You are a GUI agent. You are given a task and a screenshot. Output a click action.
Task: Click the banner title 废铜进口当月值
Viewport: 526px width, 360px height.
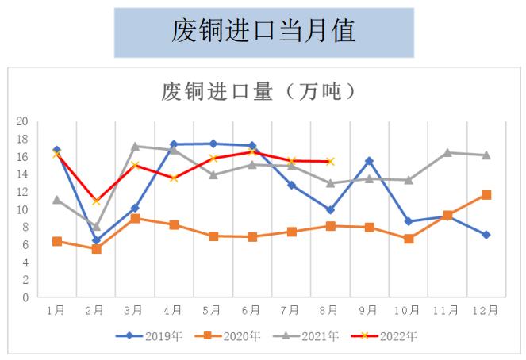263,31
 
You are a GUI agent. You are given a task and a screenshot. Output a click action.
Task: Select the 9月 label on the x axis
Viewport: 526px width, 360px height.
369,310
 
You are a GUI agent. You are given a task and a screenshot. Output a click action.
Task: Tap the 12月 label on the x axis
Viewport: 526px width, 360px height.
486,310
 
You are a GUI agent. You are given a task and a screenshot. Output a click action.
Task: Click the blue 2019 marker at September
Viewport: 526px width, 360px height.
369,161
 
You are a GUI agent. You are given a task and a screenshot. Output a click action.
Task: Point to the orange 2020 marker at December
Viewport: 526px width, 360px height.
486,194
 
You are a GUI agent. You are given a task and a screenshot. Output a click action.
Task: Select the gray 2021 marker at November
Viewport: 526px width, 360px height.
447,152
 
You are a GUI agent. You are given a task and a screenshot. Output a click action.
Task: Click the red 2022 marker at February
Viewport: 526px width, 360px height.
96,201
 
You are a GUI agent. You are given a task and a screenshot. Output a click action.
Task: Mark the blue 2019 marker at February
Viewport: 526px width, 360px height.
96,240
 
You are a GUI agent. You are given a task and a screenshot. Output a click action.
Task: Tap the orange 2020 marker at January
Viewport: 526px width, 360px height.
57,241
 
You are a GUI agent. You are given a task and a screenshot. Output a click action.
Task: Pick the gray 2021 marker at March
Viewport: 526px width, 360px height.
135,146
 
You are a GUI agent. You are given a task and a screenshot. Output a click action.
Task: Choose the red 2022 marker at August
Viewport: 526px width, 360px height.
330,161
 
